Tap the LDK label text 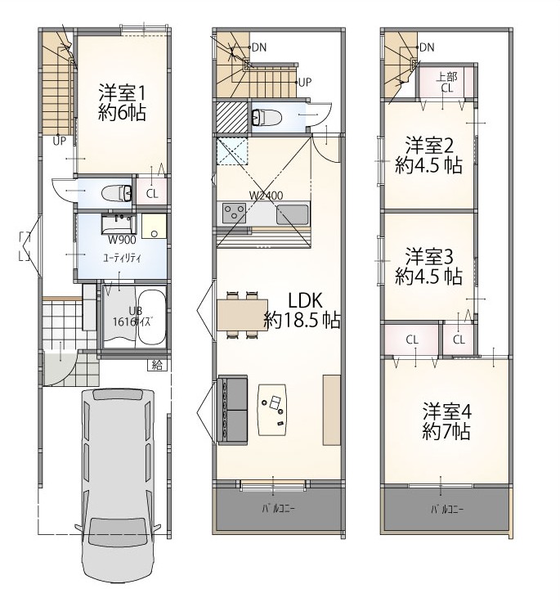305,300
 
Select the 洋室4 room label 446,411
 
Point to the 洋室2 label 429,146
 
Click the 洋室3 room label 429,257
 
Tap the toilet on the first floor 117,193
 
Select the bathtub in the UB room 151,317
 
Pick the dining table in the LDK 243,315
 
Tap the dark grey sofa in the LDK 233,410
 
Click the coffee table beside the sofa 273,410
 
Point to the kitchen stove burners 234,213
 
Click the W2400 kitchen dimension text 266,196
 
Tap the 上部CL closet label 447,83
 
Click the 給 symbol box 157,365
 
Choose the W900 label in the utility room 122,240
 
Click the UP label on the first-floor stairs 60,141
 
